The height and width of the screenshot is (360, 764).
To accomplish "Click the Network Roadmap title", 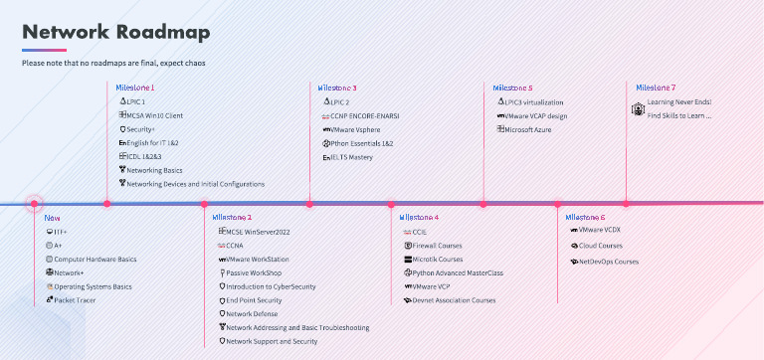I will click(116, 32).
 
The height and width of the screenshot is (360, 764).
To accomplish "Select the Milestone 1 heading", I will click(135, 88).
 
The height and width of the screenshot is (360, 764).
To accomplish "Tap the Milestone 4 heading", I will click(419, 217).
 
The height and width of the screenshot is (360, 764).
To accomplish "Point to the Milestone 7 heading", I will click(656, 88).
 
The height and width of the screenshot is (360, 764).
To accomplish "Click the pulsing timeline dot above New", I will click(34, 204).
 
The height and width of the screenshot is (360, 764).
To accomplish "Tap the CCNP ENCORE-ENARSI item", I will click(366, 115).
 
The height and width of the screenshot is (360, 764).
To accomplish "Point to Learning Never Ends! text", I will click(679, 101).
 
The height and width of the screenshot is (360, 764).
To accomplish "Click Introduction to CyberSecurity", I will click(271, 286).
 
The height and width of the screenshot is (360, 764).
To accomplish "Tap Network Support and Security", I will click(272, 341).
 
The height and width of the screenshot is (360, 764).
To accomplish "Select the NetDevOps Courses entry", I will click(608, 262).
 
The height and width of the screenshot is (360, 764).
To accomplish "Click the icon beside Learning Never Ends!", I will click(638, 108).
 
